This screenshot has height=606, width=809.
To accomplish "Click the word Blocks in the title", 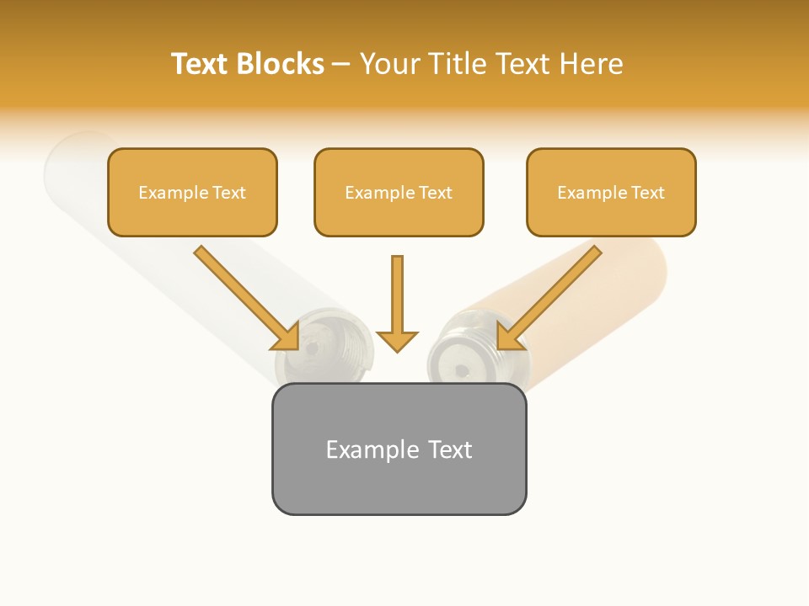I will click(x=279, y=64).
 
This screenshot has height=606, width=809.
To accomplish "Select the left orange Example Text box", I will click(x=192, y=192).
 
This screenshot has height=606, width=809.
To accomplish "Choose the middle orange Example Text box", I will click(x=399, y=192).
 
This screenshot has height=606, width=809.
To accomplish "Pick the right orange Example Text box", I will click(x=611, y=192).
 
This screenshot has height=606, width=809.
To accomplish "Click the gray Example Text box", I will click(x=399, y=449).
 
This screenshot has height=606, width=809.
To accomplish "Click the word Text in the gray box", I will click(x=450, y=449).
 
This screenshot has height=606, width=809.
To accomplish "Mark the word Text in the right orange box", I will click(x=648, y=193).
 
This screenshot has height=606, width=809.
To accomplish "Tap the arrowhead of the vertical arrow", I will click(x=397, y=341).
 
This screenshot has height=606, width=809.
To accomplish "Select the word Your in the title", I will click(x=388, y=64).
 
